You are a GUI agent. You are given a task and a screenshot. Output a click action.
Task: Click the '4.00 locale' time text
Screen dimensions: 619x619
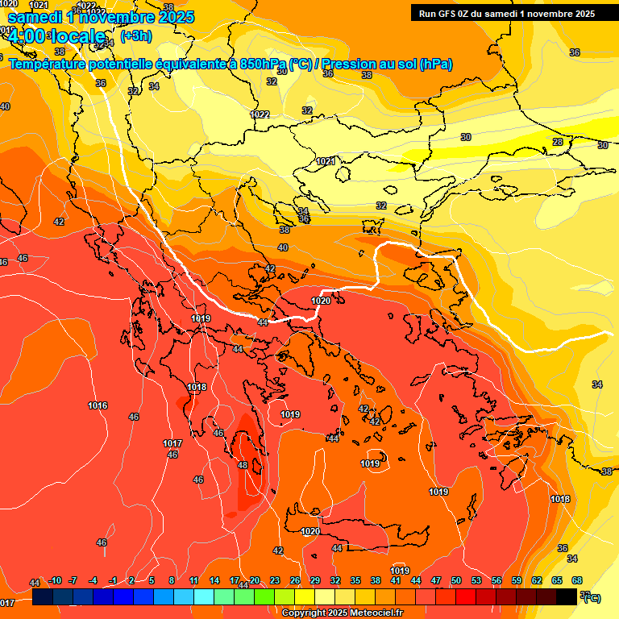(x=56, y=36)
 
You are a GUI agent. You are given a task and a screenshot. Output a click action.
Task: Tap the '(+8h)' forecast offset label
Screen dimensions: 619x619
(x=135, y=36)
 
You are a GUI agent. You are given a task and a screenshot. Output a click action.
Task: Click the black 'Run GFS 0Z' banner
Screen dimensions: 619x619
(x=507, y=13)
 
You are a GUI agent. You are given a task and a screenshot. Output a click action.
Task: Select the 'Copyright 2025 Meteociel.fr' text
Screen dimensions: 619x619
(x=342, y=613)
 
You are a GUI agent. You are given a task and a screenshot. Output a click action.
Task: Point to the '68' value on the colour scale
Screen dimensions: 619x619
(x=577, y=580)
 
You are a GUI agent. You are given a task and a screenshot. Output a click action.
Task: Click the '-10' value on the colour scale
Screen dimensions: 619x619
(x=55, y=580)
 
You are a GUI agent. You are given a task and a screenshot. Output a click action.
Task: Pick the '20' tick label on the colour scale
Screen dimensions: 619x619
(x=255, y=580)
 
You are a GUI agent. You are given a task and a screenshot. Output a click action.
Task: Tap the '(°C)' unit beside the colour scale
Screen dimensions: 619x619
(x=591, y=597)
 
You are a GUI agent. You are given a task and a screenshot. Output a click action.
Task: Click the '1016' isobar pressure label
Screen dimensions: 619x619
(x=98, y=405)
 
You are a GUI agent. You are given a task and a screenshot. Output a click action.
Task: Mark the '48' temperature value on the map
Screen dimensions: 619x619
(x=243, y=465)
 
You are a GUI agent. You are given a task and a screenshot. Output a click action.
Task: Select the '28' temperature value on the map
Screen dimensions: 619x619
(x=557, y=142)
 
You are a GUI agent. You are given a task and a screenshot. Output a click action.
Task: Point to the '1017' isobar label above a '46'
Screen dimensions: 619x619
(x=172, y=444)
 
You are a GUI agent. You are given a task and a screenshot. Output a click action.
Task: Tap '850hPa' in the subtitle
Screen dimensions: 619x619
(x=263, y=64)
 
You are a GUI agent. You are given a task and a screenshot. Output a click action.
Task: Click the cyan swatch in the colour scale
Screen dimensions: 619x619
(x=204, y=596)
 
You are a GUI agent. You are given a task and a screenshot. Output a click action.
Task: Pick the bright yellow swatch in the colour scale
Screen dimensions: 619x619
(x=305, y=596)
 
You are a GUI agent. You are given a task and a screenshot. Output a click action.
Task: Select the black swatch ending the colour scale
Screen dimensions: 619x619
(x=567, y=596)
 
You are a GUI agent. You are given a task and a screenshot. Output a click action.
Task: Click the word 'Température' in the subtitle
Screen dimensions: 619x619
(x=50, y=64)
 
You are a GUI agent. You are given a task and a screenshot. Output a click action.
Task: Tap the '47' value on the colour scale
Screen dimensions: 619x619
(x=436, y=580)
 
